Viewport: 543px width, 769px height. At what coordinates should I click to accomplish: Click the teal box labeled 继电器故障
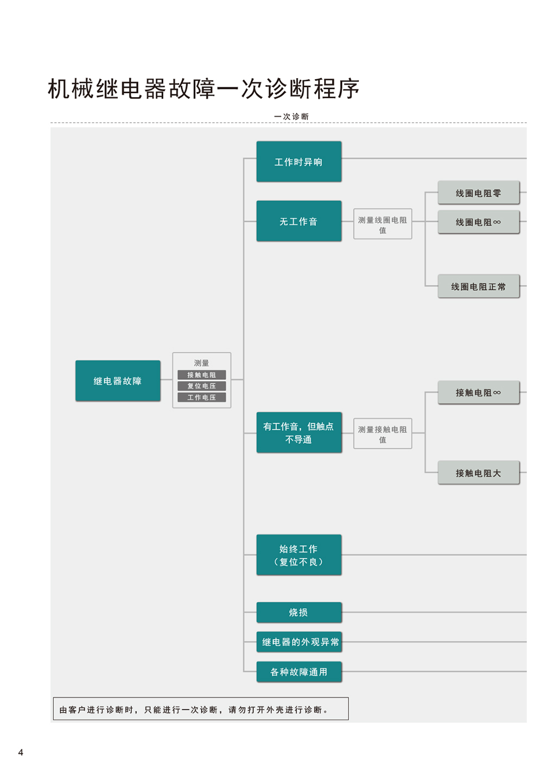(x=118, y=380)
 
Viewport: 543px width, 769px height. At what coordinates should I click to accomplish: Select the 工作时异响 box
(x=299, y=161)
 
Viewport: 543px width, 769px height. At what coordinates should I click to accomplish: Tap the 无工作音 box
(x=299, y=221)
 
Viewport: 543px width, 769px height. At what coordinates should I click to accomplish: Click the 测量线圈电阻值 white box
(x=383, y=224)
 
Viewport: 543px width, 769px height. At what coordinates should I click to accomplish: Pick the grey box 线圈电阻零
(x=478, y=193)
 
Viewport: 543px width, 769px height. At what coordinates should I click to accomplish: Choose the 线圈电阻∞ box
(x=478, y=222)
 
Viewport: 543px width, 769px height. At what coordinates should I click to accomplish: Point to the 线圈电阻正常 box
(x=478, y=286)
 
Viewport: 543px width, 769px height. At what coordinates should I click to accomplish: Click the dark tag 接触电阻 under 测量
(x=201, y=374)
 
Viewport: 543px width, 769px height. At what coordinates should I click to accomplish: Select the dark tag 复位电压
(x=201, y=386)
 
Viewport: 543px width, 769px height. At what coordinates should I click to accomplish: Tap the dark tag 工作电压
(x=201, y=397)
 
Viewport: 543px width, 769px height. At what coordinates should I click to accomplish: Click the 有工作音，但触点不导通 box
(x=299, y=432)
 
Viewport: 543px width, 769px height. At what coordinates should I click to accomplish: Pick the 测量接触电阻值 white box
(x=383, y=433)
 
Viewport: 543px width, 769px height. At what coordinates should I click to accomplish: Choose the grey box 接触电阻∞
(x=478, y=392)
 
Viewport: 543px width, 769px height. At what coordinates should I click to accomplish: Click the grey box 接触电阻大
(x=478, y=472)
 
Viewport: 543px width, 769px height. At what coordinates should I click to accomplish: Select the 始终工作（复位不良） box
(x=299, y=555)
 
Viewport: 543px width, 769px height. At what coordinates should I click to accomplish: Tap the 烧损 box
(x=299, y=612)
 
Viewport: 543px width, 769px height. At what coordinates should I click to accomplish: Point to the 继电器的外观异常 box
(x=299, y=641)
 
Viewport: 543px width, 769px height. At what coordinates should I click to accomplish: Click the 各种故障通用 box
(x=299, y=671)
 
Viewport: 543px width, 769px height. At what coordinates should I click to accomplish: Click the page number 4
(x=21, y=752)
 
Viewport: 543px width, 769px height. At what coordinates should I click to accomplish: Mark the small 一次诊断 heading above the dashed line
(x=291, y=116)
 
